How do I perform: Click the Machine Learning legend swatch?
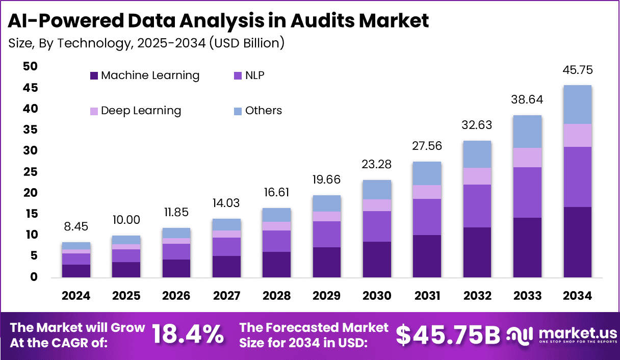(94, 76)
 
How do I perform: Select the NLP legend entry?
(254, 75)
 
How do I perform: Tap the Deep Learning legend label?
(141, 111)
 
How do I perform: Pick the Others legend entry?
(263, 111)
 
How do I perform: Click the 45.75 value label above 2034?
(578, 70)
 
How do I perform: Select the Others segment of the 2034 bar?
(578, 105)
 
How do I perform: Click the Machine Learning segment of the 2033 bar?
(528, 247)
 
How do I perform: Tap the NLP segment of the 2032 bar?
(477, 206)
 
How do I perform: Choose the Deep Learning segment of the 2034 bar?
(578, 135)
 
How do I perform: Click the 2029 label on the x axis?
(327, 296)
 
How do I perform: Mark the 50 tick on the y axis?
(30, 67)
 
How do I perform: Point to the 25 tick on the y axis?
(30, 172)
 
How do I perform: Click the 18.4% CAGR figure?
(188, 335)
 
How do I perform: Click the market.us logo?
(561, 335)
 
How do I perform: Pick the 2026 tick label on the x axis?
(176, 296)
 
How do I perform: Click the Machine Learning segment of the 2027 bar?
(227, 266)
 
